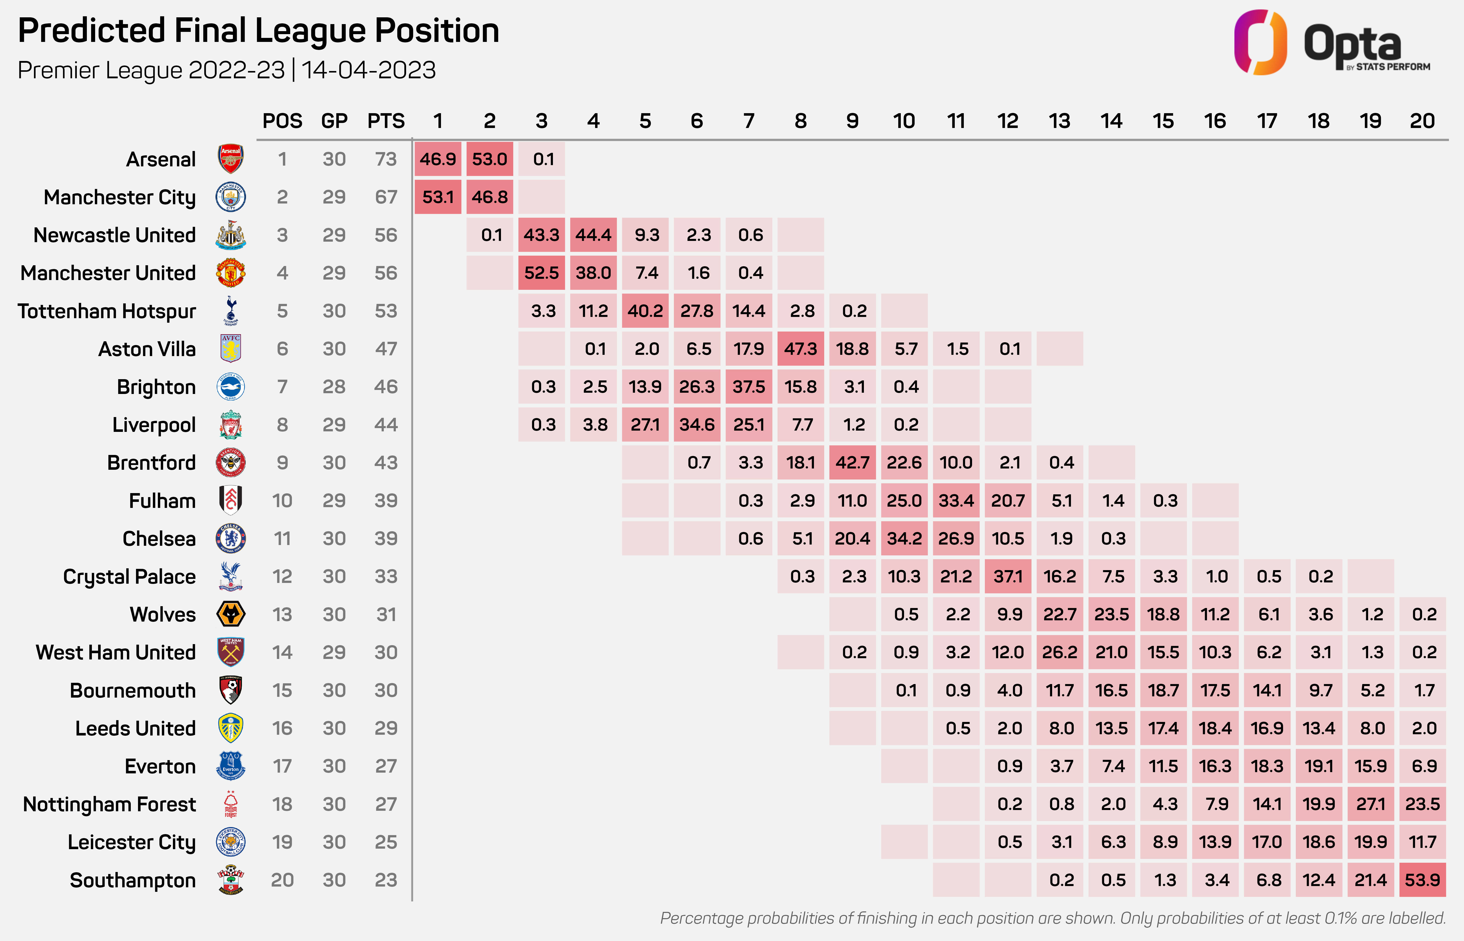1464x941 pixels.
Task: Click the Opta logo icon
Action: pos(1260,43)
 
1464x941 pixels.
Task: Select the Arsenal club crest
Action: pos(231,159)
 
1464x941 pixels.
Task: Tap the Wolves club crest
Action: pos(231,614)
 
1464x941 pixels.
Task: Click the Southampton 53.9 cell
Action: pos(1422,880)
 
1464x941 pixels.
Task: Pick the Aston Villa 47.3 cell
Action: pos(800,349)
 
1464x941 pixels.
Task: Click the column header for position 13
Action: pos(1059,121)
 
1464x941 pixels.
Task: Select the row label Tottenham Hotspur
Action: pos(107,311)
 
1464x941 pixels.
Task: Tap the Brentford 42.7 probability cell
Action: pos(852,462)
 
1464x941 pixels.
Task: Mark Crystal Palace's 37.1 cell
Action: pos(1007,576)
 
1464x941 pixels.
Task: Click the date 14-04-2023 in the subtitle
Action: pos(368,70)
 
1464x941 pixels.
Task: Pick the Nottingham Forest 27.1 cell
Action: pos(1371,804)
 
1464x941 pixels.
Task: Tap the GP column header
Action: pos(334,121)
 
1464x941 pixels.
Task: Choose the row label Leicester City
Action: pos(131,842)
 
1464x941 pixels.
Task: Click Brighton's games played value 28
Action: pos(334,387)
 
